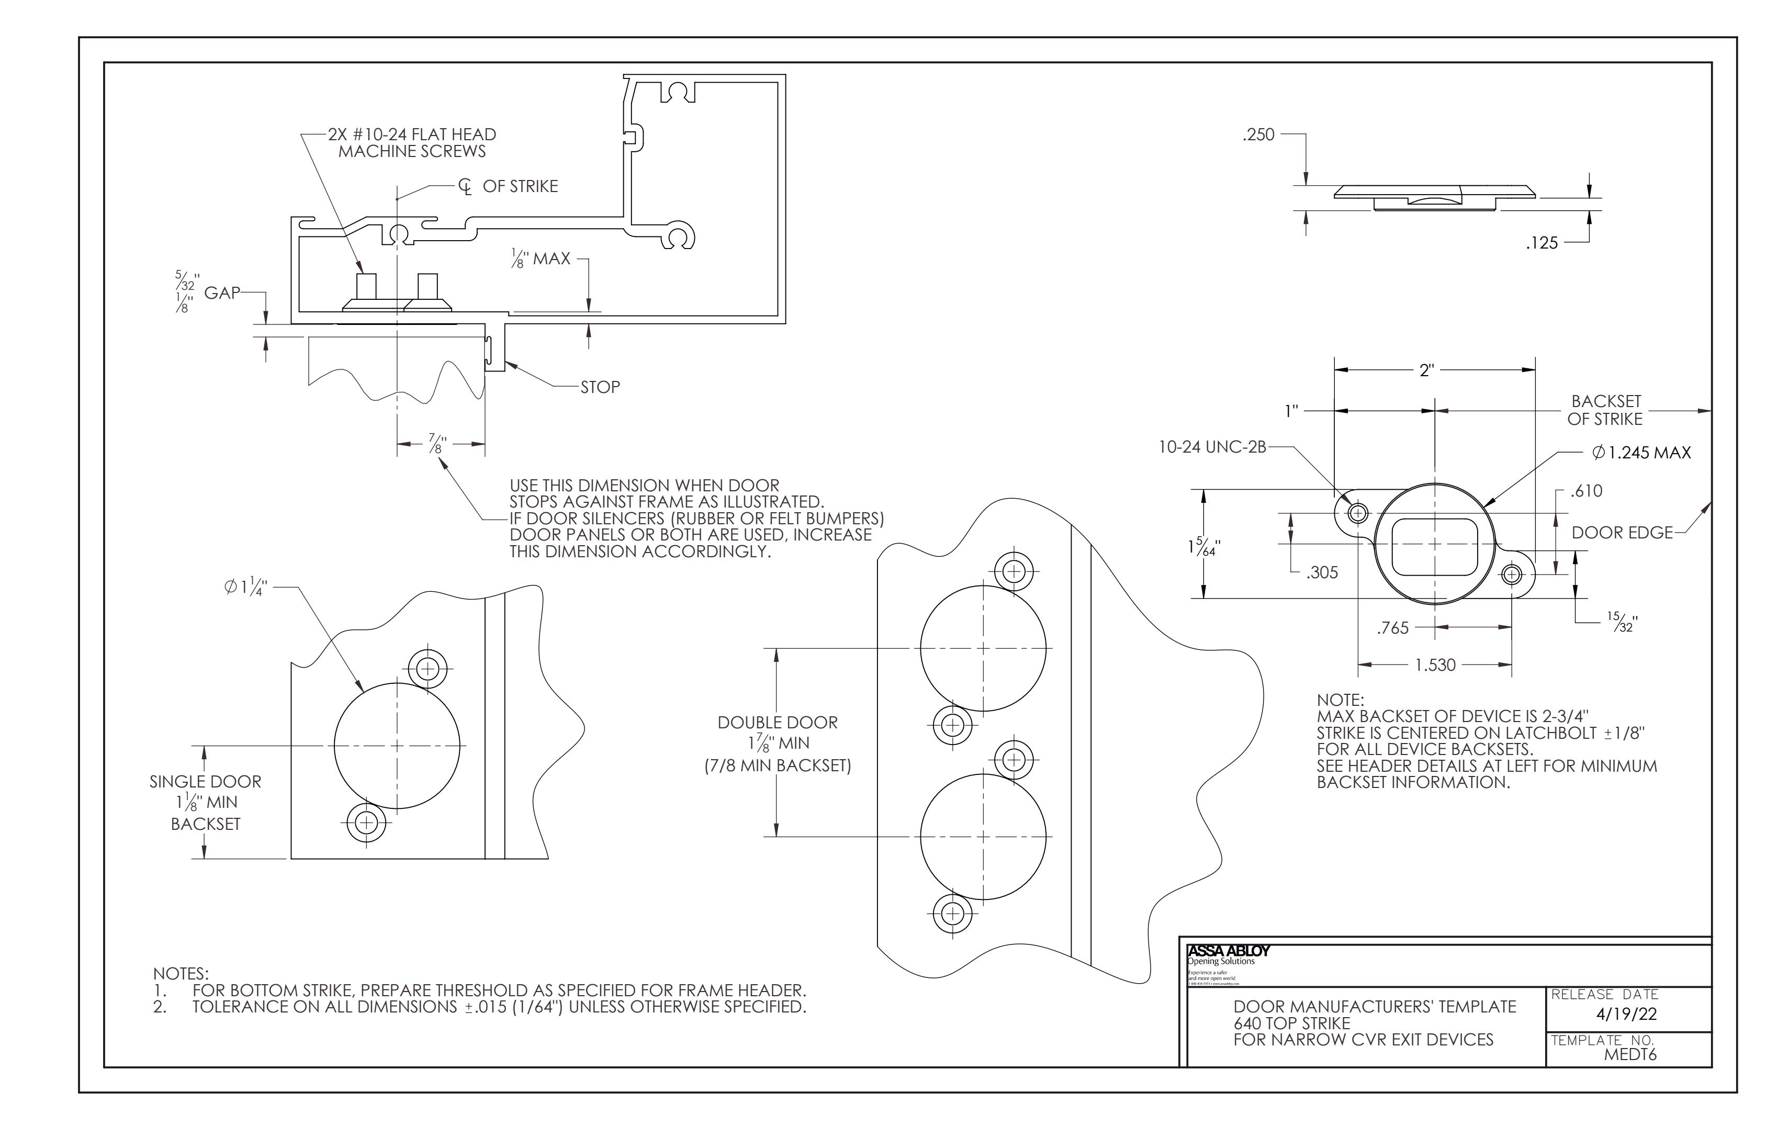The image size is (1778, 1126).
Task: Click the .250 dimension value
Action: click(x=1259, y=135)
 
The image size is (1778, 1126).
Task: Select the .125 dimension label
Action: click(x=1541, y=243)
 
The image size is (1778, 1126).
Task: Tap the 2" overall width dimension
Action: click(x=1426, y=370)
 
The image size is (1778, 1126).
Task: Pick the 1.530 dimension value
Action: click(x=1435, y=665)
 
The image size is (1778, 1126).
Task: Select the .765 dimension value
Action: click(x=1392, y=628)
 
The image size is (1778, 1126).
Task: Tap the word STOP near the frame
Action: click(x=600, y=387)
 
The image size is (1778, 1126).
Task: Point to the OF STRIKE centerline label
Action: click(x=519, y=186)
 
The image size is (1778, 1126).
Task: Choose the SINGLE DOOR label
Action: click(x=205, y=781)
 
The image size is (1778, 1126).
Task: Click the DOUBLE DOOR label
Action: click(x=778, y=723)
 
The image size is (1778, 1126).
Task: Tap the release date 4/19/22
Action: click(x=1626, y=1015)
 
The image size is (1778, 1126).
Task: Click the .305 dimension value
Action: click(x=1321, y=573)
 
